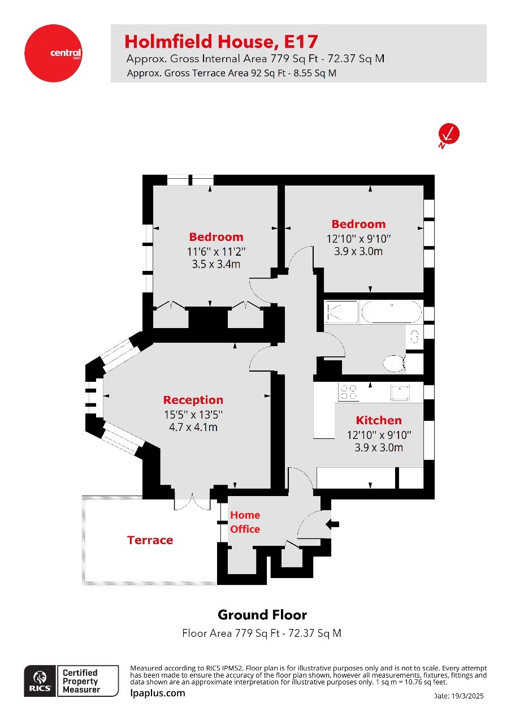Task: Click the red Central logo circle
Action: pos(53,53)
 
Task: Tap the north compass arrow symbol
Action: pos(449,135)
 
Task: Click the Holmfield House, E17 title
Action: pos(221,41)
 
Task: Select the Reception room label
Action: pos(193,400)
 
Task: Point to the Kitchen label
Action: pos(379,420)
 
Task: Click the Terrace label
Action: pos(150,540)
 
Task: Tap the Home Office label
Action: pos(245,522)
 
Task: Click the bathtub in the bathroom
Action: pos(391,312)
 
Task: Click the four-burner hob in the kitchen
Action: pos(348,391)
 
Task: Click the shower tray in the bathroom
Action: pos(341,312)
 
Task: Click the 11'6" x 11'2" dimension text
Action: pos(216,251)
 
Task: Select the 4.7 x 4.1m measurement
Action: pos(193,427)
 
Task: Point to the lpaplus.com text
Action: pos(158,693)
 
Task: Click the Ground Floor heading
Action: pos(262,615)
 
